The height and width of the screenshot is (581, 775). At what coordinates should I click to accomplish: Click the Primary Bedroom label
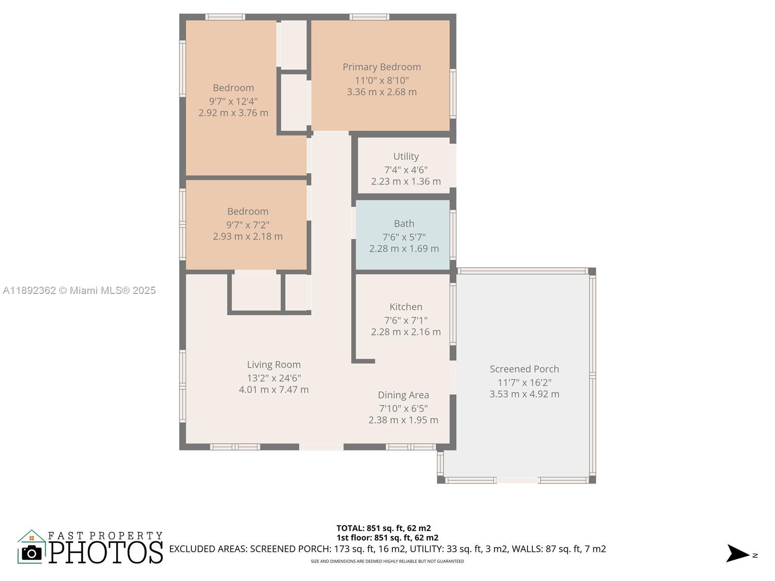pyautogui.click(x=382, y=67)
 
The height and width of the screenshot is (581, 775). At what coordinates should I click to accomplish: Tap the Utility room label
pyautogui.click(x=406, y=156)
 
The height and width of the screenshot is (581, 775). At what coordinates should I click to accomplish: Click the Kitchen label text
pyautogui.click(x=406, y=307)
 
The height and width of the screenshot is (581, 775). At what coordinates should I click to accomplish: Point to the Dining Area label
pyautogui.click(x=403, y=395)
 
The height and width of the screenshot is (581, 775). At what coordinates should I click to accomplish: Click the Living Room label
pyautogui.click(x=274, y=365)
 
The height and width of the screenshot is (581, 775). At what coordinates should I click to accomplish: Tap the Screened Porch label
pyautogui.click(x=524, y=369)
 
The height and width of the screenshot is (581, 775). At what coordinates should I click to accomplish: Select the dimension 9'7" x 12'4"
pyautogui.click(x=233, y=101)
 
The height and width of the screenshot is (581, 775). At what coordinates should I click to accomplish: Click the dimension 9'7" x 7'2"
pyautogui.click(x=248, y=225)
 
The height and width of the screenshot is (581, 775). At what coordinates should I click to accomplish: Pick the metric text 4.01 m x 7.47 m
pyautogui.click(x=274, y=390)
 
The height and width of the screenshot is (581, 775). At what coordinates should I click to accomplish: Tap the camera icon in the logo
pyautogui.click(x=32, y=553)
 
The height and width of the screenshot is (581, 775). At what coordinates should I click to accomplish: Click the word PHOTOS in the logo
pyautogui.click(x=106, y=552)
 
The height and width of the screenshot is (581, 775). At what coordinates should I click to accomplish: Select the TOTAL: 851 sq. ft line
pyautogui.click(x=384, y=528)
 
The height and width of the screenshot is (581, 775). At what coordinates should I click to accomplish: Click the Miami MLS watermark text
pyautogui.click(x=79, y=290)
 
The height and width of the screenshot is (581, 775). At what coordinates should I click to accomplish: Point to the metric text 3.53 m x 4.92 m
pyautogui.click(x=524, y=394)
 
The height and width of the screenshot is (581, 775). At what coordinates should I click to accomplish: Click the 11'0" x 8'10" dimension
pyautogui.click(x=382, y=80)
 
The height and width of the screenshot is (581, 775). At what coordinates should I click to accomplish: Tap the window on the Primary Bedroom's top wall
pyautogui.click(x=370, y=17)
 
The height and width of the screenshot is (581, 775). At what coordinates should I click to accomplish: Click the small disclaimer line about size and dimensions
pyautogui.click(x=387, y=562)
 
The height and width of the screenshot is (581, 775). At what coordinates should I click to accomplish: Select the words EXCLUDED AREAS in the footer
pyautogui.click(x=208, y=549)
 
